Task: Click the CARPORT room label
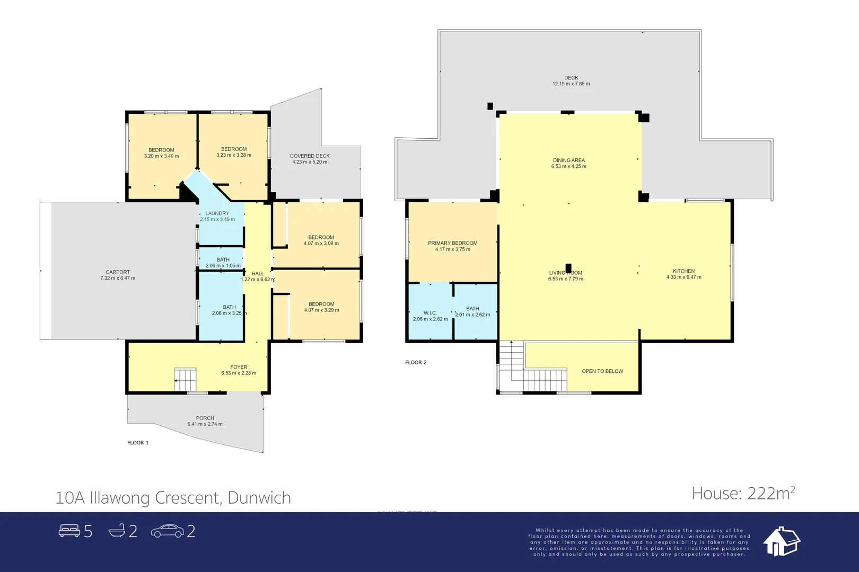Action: pos(118,272)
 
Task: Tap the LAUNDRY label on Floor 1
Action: pos(217,213)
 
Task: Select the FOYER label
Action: pos(239,367)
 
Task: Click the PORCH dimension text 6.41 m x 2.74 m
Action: pos(205,424)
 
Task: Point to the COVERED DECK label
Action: pos(310,156)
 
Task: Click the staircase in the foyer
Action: pos(186,380)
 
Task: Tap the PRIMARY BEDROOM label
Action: pos(452,243)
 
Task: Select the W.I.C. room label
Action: pos(430,313)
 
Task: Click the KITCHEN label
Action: pos(683,271)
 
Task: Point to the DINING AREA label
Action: pos(568,160)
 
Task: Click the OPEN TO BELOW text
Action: pos(602,371)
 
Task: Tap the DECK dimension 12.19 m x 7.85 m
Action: pos(571,84)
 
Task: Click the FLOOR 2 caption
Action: pos(416,362)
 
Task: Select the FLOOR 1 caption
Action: pos(138,443)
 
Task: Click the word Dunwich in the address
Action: pos(259,498)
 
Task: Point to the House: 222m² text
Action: pos(743,494)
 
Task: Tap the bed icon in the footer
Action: pos(69,531)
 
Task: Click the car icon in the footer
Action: pos(168,531)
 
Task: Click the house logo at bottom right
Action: pos(781,541)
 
